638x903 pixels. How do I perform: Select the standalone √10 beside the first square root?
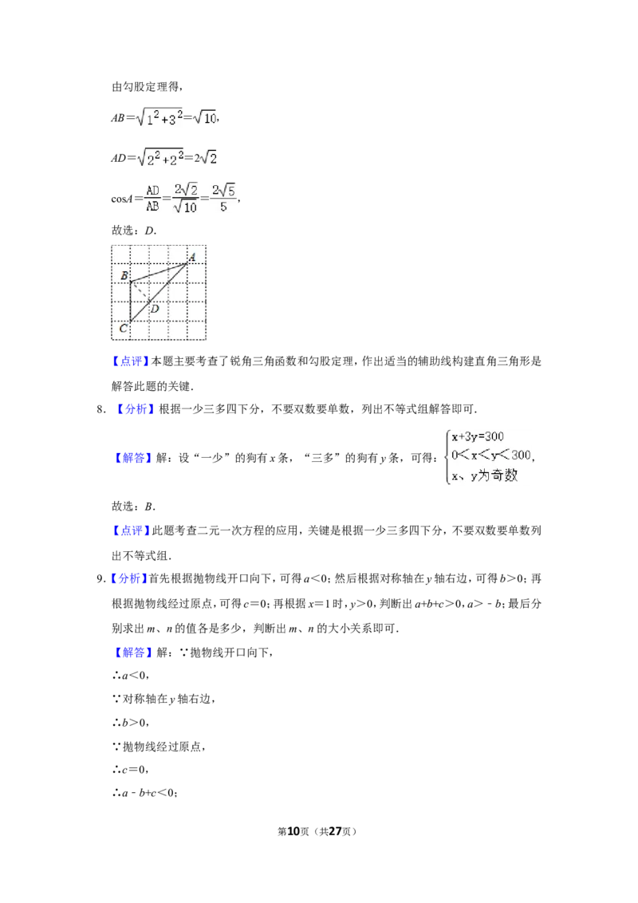tap(205, 118)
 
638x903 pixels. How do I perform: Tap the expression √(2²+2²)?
tap(160, 158)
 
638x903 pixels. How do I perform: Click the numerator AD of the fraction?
tap(152, 190)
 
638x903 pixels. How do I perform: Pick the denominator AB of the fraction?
tap(152, 207)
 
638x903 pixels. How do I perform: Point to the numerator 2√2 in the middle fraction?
tap(187, 189)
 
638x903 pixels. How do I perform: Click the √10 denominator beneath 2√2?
tap(187, 207)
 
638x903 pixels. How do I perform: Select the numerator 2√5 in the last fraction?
tap(224, 189)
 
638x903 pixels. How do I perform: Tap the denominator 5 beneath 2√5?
tap(224, 207)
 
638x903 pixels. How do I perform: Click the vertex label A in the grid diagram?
tap(192, 256)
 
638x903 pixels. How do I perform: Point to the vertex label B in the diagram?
tap(124, 276)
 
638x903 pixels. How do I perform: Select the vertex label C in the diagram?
tap(123, 328)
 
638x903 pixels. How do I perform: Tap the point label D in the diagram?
tap(155, 309)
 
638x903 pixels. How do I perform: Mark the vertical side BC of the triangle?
tap(131, 302)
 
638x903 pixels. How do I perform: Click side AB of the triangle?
tap(159, 271)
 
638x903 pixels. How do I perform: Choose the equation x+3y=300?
tap(478, 437)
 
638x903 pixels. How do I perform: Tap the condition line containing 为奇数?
tap(484, 475)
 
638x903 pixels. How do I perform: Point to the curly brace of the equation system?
tap(446, 456)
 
